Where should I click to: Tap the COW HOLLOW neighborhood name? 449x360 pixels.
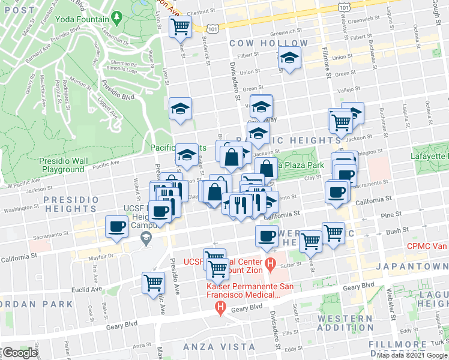coord(269,43)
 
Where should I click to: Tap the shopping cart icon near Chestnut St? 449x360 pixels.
coord(180,26)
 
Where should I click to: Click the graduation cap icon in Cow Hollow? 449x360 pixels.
coord(289,59)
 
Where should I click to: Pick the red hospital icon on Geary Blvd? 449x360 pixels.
coord(220,308)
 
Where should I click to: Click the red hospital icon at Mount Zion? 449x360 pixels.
coord(270,263)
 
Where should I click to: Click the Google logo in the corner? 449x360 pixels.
coord(20,353)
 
